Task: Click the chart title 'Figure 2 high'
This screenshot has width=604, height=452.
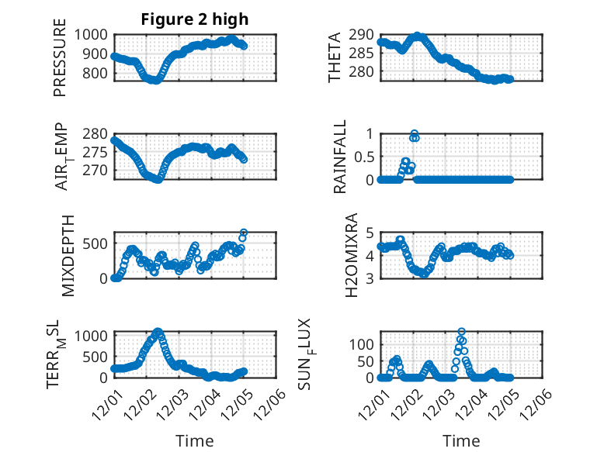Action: pos(195,19)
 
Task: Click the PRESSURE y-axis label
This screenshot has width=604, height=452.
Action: pos(60,62)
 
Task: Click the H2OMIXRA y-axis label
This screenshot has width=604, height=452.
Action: pos(351,255)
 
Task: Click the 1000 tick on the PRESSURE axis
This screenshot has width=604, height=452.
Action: pos(94,34)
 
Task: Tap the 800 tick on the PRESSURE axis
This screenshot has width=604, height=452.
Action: pos(98,74)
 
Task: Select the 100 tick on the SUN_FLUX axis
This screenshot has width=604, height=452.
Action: pos(363,343)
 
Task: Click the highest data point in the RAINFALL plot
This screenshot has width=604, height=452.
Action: pos(415,134)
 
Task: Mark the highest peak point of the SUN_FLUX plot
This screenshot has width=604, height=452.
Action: pos(462,332)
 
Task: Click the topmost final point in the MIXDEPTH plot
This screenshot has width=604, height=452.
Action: pos(244,233)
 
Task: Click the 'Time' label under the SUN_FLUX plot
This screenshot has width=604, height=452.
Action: pos(461,441)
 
